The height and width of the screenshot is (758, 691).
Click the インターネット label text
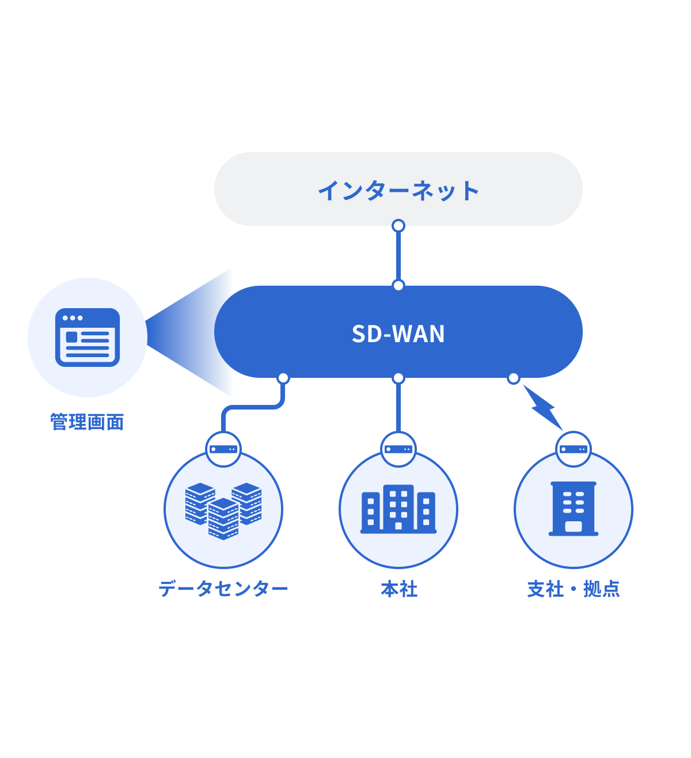[398, 190]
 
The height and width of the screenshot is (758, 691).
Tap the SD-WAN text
[398, 333]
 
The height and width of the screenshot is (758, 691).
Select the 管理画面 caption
[87, 422]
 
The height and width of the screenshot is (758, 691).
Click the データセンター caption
[223, 589]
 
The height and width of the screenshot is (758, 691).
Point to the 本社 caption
[398, 589]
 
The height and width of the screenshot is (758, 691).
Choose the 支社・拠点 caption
[574, 589]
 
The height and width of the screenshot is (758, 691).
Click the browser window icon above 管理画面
[88, 338]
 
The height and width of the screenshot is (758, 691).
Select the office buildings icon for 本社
[398, 510]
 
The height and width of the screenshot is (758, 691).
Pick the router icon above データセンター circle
[223, 449]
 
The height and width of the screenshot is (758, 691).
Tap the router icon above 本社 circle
[398, 449]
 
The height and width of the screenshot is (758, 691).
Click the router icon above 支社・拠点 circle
[574, 449]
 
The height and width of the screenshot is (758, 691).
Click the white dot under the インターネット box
[398, 226]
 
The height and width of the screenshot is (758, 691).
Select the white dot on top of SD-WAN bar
[398, 285]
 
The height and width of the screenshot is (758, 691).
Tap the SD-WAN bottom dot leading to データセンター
[283, 378]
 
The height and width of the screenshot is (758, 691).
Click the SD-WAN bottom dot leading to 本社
[398, 378]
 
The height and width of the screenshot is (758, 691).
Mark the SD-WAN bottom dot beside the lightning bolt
[514, 378]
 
